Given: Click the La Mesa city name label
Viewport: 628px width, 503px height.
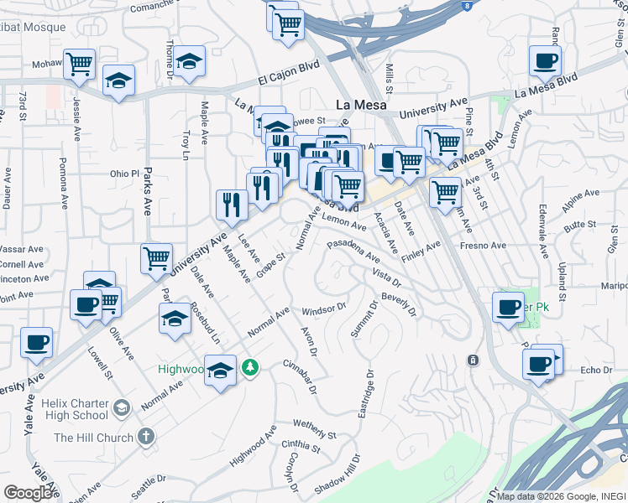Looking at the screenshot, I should pyautogui.click(x=360, y=105).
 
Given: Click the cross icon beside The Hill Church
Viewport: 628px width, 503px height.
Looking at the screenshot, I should pyautogui.click(x=146, y=437).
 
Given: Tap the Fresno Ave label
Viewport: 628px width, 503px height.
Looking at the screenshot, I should pyautogui.click(x=483, y=246).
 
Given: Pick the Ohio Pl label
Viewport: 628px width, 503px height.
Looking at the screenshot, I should pyautogui.click(x=123, y=174).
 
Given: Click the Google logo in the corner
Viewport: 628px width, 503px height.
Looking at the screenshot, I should pyautogui.click(x=29, y=493).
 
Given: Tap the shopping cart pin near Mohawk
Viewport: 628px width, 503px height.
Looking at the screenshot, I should pyautogui.click(x=79, y=64).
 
